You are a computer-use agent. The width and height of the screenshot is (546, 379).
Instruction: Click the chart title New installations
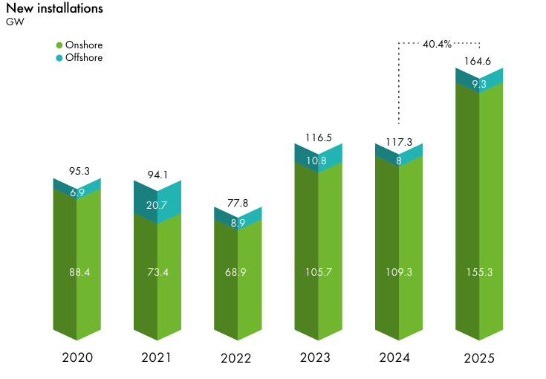tap(54, 9)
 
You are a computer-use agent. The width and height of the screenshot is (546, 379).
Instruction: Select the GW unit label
tap(14, 22)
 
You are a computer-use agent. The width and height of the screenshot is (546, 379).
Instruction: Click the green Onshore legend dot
tap(59, 45)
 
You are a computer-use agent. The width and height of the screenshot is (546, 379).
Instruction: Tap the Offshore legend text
tap(83, 57)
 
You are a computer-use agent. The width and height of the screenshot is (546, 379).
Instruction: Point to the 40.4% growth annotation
tap(437, 44)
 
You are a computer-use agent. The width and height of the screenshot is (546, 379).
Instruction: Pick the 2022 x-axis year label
tap(236, 358)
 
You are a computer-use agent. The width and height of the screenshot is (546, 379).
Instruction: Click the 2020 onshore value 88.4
tap(77, 273)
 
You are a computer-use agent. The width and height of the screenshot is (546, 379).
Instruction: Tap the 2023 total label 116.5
tap(318, 137)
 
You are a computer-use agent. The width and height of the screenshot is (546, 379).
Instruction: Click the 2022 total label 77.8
tap(238, 202)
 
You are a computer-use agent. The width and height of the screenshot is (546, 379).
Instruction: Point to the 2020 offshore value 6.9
tap(77, 192)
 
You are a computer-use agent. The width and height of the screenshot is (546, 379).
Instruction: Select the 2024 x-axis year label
tap(394, 357)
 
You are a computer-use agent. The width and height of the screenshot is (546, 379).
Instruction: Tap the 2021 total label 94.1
tap(157, 175)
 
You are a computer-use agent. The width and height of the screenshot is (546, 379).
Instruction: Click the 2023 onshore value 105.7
tap(318, 273)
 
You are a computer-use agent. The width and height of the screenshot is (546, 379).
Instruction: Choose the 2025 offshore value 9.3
tap(479, 84)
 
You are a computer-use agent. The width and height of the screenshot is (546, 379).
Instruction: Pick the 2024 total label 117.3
tap(399, 139)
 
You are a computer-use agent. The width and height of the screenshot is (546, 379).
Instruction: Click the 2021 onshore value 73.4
tap(157, 273)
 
